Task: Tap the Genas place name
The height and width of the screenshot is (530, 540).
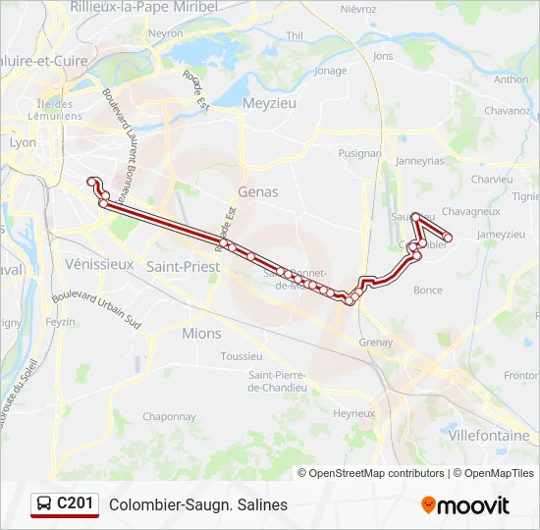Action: point(258,192)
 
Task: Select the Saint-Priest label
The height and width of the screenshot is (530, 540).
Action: point(183,266)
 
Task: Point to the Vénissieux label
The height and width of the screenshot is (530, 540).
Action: point(98,264)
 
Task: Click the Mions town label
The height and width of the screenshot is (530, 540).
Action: point(202,334)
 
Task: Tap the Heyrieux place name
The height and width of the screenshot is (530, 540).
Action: point(354,414)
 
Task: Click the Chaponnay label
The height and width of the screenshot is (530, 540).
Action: point(170,416)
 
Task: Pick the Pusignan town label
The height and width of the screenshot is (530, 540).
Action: point(359,154)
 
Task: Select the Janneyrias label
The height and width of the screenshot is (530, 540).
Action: point(420,161)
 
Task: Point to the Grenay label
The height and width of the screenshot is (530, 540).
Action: point(376,343)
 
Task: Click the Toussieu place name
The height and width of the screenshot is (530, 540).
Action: point(242,356)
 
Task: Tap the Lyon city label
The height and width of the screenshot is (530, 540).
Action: point(23,142)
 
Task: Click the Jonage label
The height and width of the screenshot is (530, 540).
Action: point(331,71)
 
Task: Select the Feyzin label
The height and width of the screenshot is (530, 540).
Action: point(60,322)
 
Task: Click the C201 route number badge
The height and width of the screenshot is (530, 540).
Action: point(76,503)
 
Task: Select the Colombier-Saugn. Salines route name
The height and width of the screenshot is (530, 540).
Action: point(198,505)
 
